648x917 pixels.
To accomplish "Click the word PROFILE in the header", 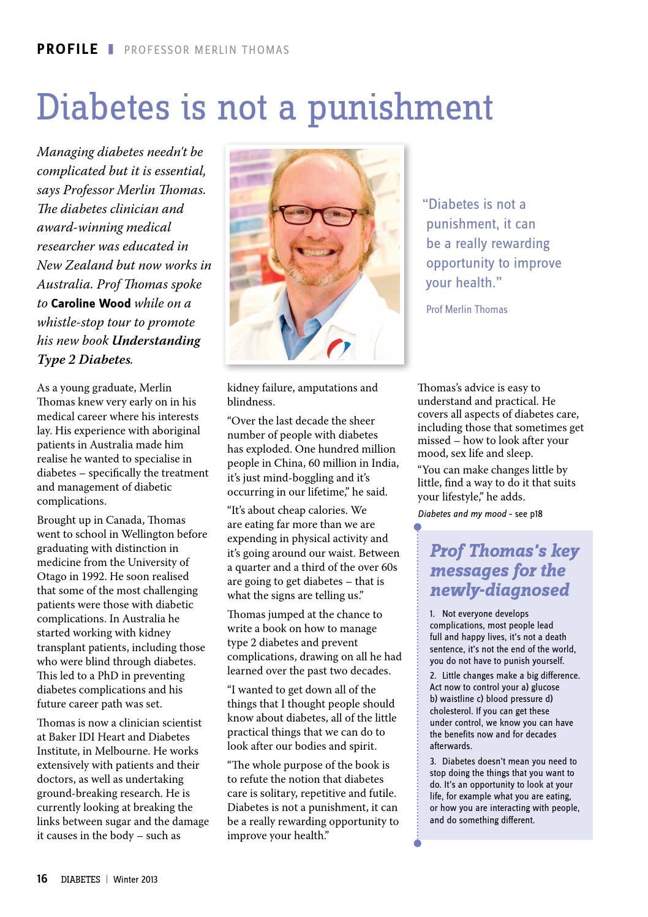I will (x=67, y=49).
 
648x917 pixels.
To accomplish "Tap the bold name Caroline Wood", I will (x=91, y=303).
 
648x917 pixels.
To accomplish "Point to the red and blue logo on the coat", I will (x=337, y=349).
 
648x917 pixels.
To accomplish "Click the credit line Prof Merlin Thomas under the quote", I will (x=467, y=309).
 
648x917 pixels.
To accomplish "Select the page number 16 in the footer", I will (x=42, y=879).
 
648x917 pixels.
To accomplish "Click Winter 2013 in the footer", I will (x=135, y=880).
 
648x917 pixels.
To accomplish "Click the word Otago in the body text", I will (x=51, y=576).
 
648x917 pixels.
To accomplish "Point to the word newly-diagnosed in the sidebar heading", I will (x=499, y=590).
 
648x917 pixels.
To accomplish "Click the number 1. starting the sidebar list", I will (x=432, y=614).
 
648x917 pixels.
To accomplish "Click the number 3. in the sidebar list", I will (x=432, y=761).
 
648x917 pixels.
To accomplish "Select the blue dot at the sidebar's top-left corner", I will (x=418, y=526).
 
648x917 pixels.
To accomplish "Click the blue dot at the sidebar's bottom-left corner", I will (x=418, y=843).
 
